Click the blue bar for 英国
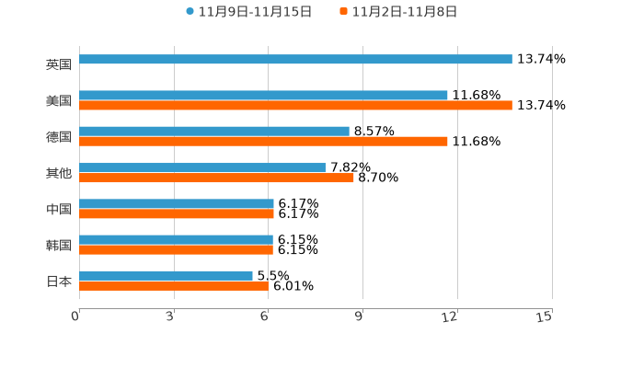(x=295, y=60)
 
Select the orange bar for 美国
(x=295, y=106)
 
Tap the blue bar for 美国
(x=263, y=96)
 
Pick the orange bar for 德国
(x=263, y=142)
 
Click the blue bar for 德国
(x=214, y=132)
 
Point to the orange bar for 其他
(x=216, y=178)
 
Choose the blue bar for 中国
(x=177, y=203)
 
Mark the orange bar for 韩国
(x=176, y=249)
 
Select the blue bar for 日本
(x=166, y=275)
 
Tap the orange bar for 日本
(x=174, y=285)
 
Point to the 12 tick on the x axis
(x=450, y=316)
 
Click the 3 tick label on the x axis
(x=170, y=316)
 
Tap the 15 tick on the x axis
(x=545, y=316)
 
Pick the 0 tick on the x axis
(x=75, y=316)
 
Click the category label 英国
(x=59, y=65)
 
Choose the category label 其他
(x=59, y=173)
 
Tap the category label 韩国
(x=59, y=245)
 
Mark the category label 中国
(x=59, y=209)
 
